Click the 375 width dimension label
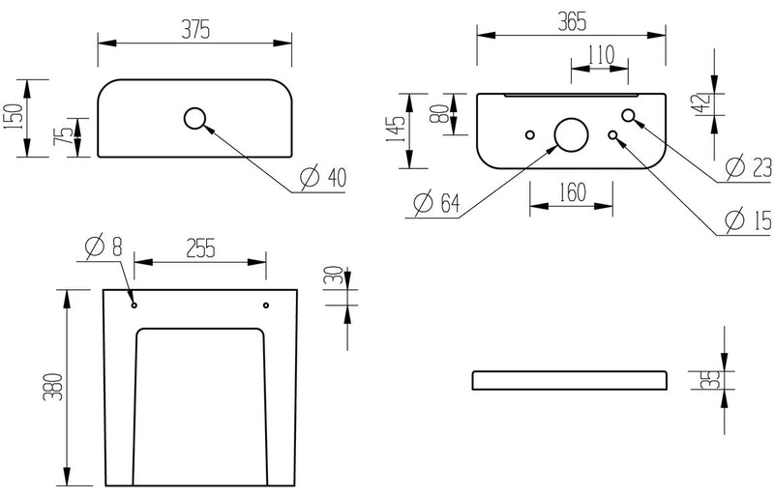(x=194, y=29)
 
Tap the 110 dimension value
(x=600, y=55)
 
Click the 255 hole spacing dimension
(x=199, y=248)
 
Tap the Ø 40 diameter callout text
(x=323, y=178)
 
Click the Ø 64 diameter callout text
(x=435, y=204)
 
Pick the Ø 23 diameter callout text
(x=749, y=167)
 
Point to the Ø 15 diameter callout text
(x=749, y=221)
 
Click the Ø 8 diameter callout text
(x=104, y=248)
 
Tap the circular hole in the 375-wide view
(x=194, y=119)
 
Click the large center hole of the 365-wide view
(x=570, y=134)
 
